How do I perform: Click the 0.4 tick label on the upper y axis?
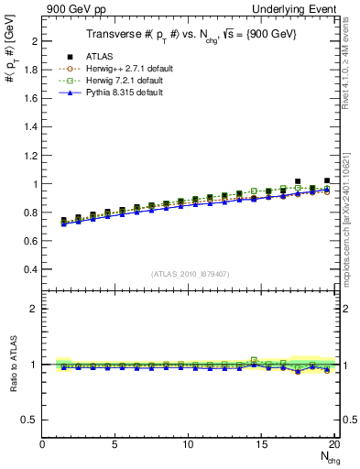point(31,269)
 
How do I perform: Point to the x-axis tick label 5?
point(115,445)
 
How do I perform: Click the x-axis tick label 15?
point(262,445)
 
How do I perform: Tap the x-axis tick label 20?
point(334,445)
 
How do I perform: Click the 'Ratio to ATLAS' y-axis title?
point(12,365)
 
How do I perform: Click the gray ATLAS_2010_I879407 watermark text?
point(190,273)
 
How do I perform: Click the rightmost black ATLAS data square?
point(327,181)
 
